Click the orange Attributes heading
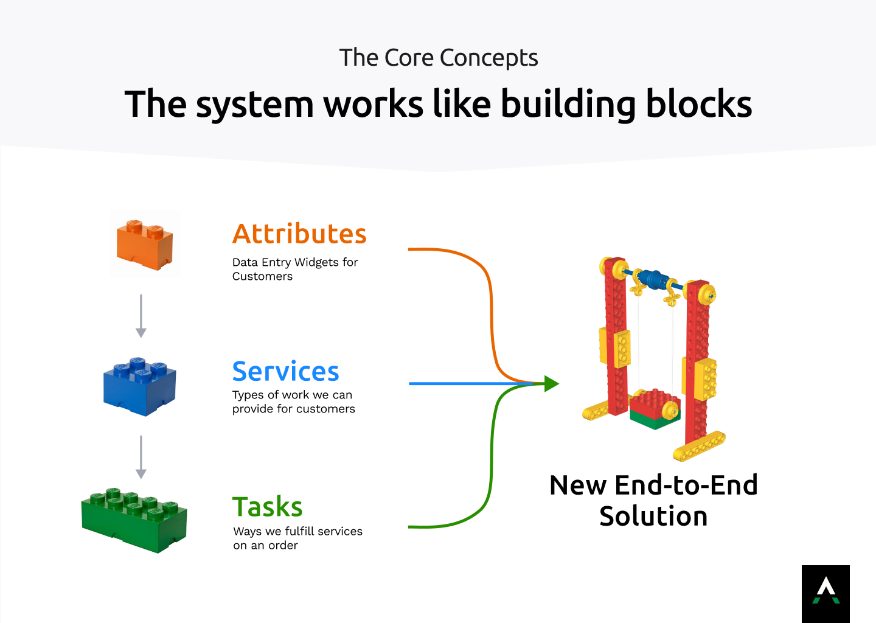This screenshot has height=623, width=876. click(x=299, y=234)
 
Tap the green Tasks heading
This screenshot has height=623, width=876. click(x=268, y=506)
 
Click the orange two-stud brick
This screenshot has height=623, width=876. click(x=145, y=245)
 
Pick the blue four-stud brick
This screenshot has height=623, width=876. click(x=140, y=386)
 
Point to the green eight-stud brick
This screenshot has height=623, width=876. click(x=134, y=521)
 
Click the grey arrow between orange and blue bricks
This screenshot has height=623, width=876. click(x=141, y=316)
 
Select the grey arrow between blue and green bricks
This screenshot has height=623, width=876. click(x=141, y=457)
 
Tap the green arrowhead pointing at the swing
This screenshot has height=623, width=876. click(x=551, y=384)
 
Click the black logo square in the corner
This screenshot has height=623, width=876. click(x=826, y=594)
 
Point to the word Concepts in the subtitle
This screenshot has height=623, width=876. click(x=489, y=58)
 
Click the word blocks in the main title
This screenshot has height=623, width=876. click(x=699, y=104)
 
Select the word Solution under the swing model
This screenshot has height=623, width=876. click(x=653, y=516)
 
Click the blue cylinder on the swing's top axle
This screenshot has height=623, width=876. click(x=653, y=279)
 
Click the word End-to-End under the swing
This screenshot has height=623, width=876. click(x=686, y=485)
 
